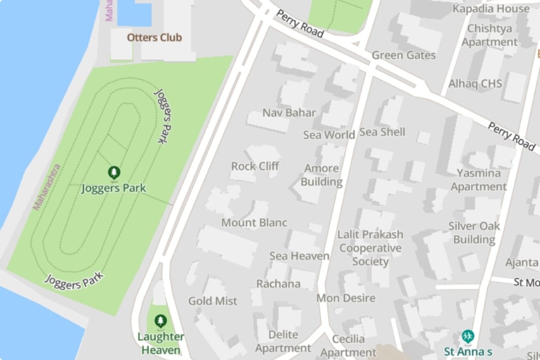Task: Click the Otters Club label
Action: point(154,37)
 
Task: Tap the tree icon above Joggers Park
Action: point(114,173)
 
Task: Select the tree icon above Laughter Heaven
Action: point(160,321)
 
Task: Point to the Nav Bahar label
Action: point(289,113)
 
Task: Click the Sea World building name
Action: point(329,135)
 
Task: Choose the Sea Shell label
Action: point(382,132)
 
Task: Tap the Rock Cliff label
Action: point(255,166)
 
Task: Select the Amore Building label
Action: point(322,175)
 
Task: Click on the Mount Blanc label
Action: point(254,223)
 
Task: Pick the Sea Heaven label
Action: point(299,256)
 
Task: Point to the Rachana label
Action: point(278,284)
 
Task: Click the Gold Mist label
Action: point(213,301)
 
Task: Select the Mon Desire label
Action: point(346,298)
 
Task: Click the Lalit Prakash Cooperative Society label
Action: point(370,248)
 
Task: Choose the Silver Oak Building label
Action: point(474,233)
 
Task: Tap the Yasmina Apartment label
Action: point(479,179)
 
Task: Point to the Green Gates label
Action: point(404,55)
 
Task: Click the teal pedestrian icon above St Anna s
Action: point(468,336)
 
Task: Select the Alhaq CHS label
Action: point(475,83)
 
